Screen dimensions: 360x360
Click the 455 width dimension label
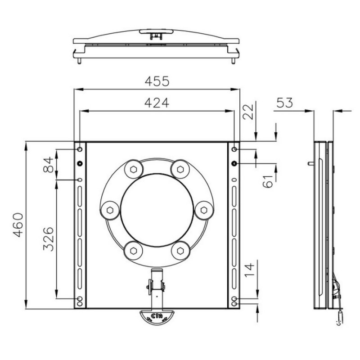coord(157,81)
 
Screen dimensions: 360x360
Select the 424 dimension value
coord(156,103)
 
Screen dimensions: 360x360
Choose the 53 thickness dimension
coord(284,103)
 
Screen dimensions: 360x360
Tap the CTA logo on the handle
coord(157,315)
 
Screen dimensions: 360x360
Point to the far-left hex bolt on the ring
coord(109,209)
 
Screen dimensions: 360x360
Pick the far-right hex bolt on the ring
coord(204,209)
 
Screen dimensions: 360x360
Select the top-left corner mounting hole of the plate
coord(79,149)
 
